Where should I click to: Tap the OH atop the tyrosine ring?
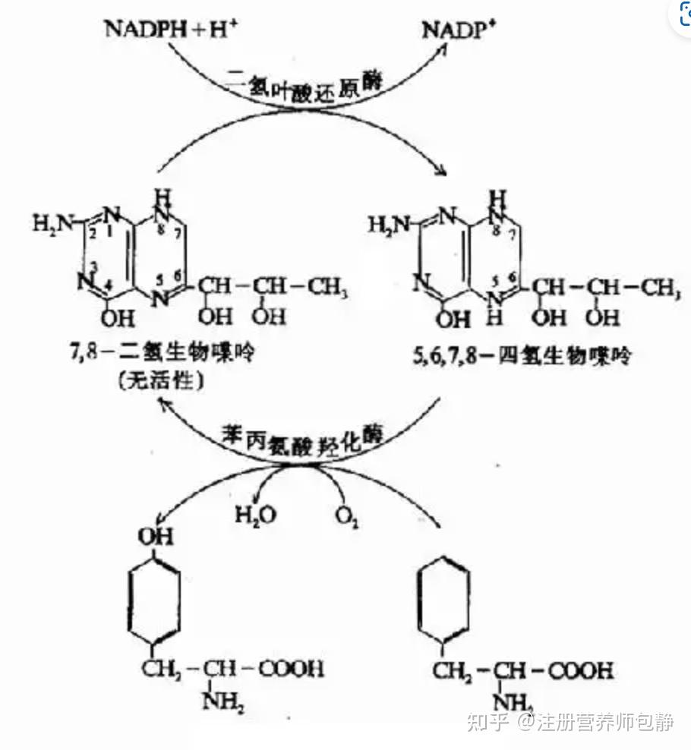155,537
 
